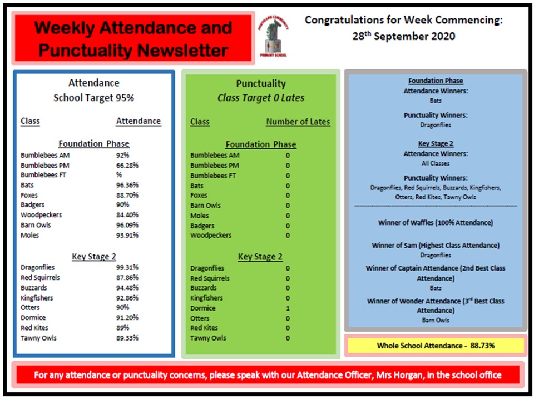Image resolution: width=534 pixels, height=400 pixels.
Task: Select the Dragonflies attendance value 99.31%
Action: pos(127,267)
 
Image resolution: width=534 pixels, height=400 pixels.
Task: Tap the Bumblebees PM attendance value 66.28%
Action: pos(127,165)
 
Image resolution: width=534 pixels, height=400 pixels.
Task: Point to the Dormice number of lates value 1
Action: pos(288,308)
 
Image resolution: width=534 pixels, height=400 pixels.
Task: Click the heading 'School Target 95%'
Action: pos(93,98)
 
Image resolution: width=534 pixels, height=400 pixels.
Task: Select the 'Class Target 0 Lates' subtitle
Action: pos(261,98)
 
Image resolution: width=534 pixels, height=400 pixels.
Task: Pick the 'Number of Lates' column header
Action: pos(298,122)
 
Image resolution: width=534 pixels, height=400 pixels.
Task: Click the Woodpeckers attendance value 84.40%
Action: pos(127,215)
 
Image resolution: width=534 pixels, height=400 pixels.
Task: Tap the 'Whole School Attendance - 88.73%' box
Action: pos(436,346)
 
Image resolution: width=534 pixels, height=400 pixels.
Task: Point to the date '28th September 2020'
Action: pos(404,37)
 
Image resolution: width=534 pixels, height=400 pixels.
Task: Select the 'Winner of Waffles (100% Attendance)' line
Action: pos(436,223)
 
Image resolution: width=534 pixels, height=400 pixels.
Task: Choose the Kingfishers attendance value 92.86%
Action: pos(127,298)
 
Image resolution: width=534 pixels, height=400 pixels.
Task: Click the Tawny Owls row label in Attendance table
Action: pos(38,338)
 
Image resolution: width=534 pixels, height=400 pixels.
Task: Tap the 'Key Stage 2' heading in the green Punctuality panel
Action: pos(260,257)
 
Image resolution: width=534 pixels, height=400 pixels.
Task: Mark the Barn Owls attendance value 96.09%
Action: pos(127,225)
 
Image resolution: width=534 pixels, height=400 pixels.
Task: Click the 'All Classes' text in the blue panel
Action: pos(436,163)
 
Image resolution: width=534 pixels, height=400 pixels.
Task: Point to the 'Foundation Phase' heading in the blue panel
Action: pos(436,81)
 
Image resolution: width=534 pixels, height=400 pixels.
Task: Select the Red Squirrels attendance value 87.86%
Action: pos(127,277)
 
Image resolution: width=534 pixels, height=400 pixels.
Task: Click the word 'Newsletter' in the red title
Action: pos(183,51)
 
